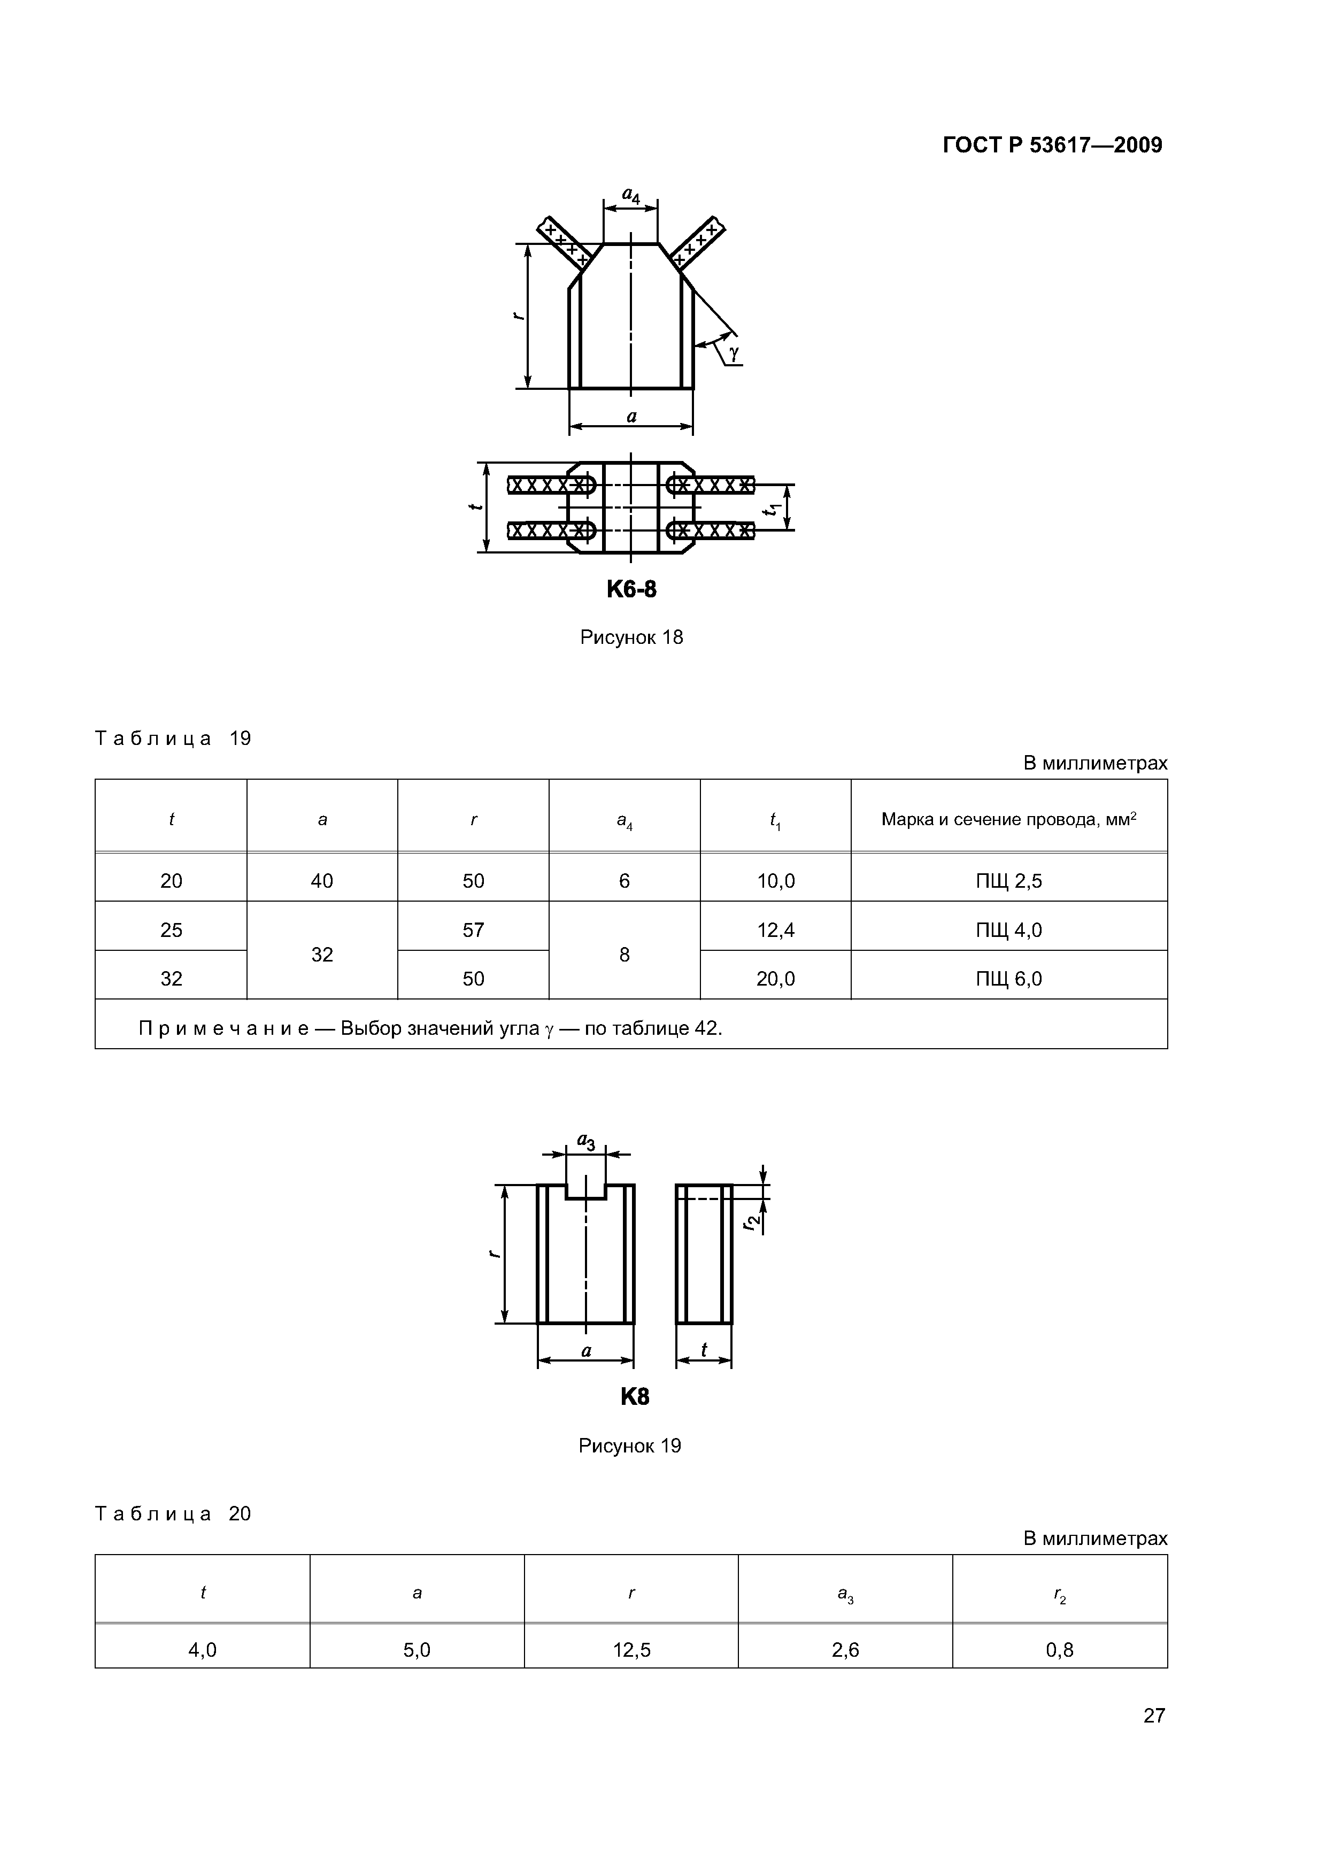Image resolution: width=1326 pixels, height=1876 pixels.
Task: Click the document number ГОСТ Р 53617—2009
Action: pyautogui.click(x=1052, y=145)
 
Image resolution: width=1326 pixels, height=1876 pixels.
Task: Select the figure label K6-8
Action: pyautogui.click(x=631, y=589)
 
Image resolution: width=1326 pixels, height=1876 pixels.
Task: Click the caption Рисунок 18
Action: pyautogui.click(x=631, y=637)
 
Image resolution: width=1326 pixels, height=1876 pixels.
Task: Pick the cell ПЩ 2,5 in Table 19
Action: pyautogui.click(x=1008, y=881)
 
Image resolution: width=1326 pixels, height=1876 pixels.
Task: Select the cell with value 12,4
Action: pyautogui.click(x=775, y=930)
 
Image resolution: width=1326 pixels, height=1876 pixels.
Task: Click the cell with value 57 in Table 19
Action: pyautogui.click(x=473, y=930)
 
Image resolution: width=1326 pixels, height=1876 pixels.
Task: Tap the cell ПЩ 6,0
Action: pyautogui.click(x=1008, y=979)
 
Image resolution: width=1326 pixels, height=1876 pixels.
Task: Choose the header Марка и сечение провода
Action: pyautogui.click(x=1008, y=819)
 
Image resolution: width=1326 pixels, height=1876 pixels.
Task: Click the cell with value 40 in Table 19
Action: pyautogui.click(x=322, y=881)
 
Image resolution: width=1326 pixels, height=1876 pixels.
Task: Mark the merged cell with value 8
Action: pyautogui.click(x=624, y=955)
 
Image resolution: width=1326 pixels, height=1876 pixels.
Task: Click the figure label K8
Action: pyautogui.click(x=635, y=1396)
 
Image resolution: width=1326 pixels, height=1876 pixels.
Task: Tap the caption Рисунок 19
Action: pyautogui.click(x=629, y=1446)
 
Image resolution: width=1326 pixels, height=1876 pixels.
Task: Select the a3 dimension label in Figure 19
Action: pyautogui.click(x=586, y=1141)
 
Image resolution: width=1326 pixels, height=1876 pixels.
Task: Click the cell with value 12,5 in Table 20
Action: pyautogui.click(x=631, y=1650)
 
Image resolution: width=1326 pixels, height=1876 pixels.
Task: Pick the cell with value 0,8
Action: pyautogui.click(x=1060, y=1650)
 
